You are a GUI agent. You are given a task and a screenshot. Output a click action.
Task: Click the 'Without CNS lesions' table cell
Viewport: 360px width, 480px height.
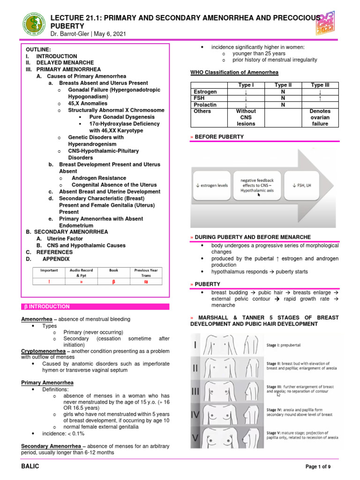246,118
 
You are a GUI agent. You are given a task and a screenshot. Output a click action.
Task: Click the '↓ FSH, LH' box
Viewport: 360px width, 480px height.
304,185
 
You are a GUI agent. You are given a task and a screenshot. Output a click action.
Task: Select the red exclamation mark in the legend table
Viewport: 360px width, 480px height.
49,281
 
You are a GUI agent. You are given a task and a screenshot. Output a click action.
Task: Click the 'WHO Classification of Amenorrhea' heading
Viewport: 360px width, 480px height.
234,72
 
